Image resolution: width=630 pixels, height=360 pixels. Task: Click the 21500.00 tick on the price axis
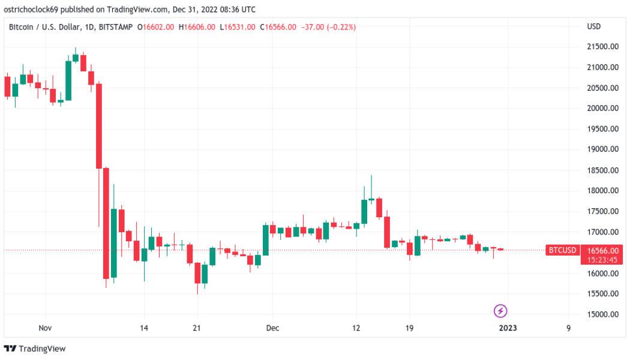602,46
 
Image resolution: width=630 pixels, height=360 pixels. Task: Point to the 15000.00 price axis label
602,314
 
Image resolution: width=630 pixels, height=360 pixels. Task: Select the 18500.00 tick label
602,170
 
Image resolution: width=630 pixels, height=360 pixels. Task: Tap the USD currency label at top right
593,27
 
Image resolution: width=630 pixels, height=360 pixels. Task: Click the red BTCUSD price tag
562,250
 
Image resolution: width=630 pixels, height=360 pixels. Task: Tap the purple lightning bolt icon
500,311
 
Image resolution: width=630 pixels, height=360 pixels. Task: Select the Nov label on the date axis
45,328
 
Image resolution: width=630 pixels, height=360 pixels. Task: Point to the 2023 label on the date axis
508,328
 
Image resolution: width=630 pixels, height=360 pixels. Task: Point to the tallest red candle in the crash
99,126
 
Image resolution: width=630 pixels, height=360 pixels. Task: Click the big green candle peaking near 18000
364,211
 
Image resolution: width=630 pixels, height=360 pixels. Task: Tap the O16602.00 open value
156,27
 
